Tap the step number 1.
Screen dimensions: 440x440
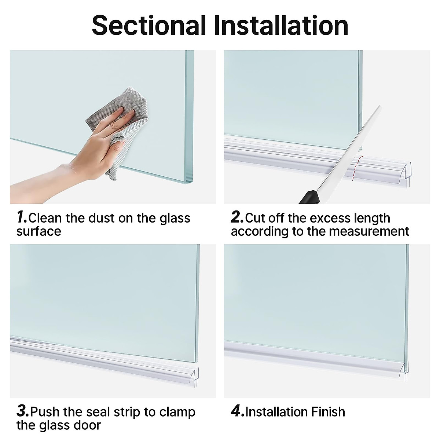pyautogui.click(x=22, y=217)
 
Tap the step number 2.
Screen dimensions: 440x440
pyautogui.click(x=237, y=217)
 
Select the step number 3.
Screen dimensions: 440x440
pyautogui.click(x=23, y=411)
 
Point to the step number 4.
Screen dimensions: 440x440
pyautogui.click(x=237, y=411)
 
